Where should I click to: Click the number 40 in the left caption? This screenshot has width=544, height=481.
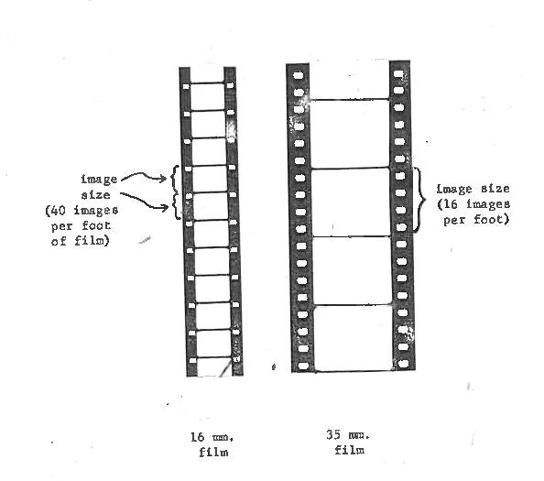tap(58, 211)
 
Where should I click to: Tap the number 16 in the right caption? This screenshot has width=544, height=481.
tap(451, 204)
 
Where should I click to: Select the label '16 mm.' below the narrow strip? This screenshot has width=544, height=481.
tap(212, 437)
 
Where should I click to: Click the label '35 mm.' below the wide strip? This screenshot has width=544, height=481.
tap(348, 435)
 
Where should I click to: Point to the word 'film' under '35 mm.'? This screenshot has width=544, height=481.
tap(350, 450)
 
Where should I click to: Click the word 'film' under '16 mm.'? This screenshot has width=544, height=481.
tap(213, 453)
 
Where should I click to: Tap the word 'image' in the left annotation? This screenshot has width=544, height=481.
tap(99, 180)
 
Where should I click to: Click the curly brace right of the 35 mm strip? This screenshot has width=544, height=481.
tap(421, 200)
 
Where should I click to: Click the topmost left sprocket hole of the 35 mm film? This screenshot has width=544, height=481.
tap(299, 75)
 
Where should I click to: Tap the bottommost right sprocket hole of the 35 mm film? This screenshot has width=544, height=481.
tap(404, 364)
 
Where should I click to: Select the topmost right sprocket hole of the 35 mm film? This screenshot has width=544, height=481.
tap(398, 73)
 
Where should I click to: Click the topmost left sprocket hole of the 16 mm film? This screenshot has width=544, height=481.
tap(186, 86)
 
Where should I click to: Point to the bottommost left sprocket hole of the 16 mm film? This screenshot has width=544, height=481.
tap(193, 361)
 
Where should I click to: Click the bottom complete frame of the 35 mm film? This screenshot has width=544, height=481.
tap(354, 338)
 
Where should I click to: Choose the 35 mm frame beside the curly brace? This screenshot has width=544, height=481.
tap(351, 202)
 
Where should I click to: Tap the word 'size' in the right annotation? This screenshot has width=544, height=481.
tap(495, 189)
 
